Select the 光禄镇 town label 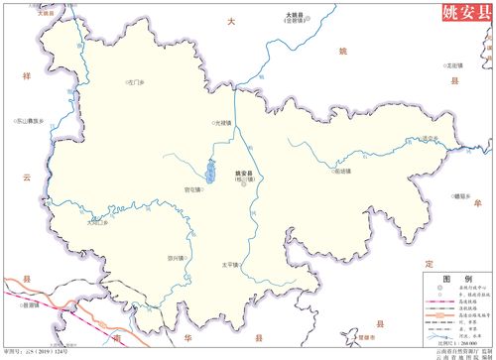click(222, 123)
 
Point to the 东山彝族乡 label click(29, 121)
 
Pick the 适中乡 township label click(428, 138)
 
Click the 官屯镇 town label click(192, 188)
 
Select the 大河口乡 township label click(97, 223)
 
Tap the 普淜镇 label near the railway click(30, 305)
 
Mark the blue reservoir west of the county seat click(210, 171)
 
